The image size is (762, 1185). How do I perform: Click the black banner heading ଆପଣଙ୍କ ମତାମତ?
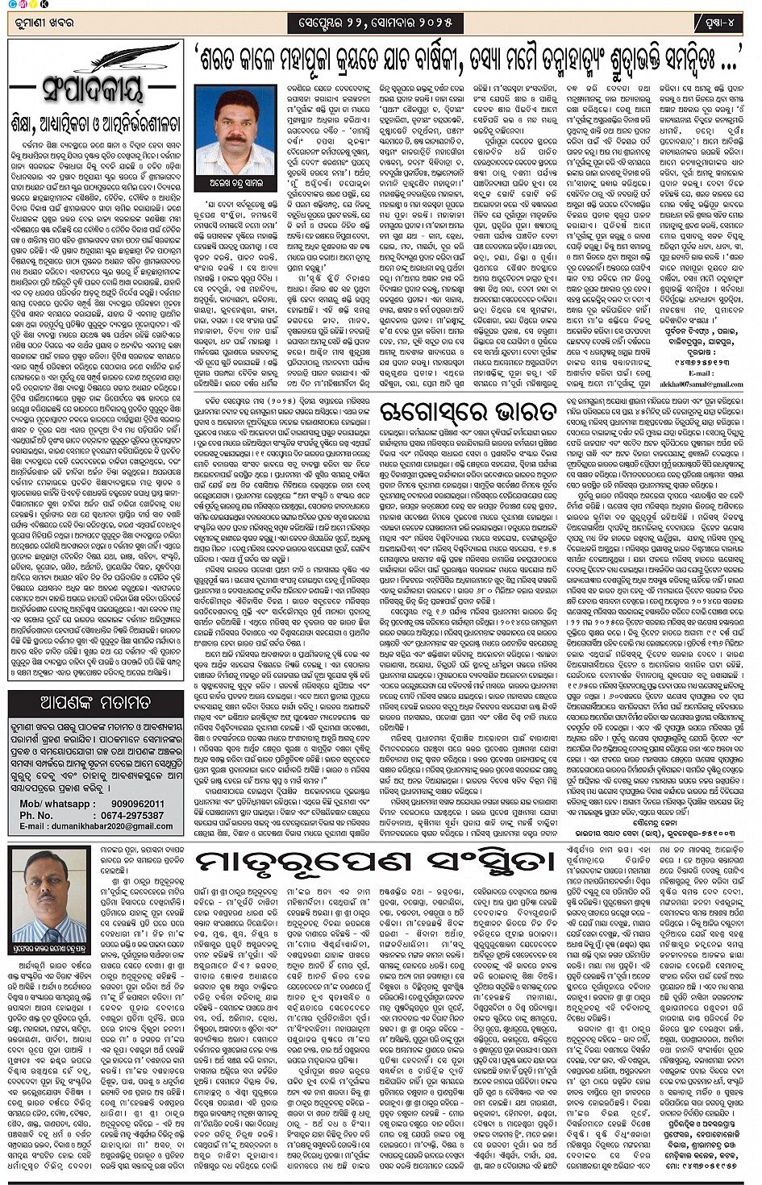95,703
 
